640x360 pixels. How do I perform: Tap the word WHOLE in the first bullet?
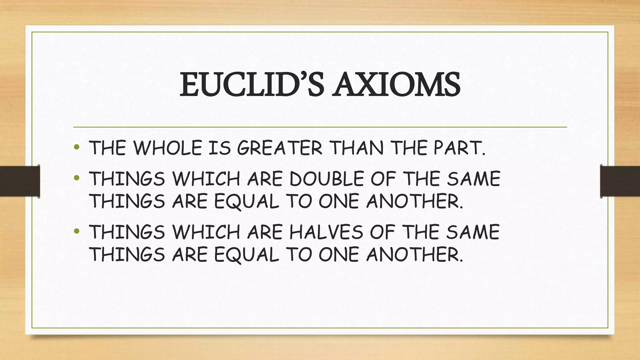[x=167, y=148]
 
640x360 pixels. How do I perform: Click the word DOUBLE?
[x=327, y=179]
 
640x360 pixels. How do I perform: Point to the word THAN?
[x=357, y=148]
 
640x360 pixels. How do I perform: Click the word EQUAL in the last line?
[x=246, y=254]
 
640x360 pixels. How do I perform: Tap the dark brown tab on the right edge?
[x=620, y=181]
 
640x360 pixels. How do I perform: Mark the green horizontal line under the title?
[x=320, y=127]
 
